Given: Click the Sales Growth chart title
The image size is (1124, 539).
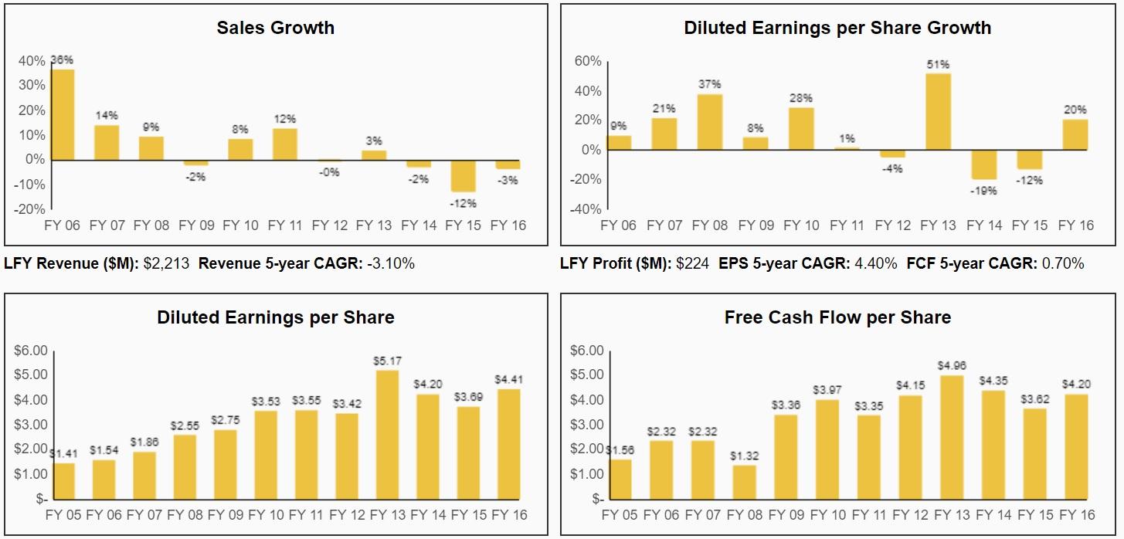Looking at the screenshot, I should [x=275, y=28].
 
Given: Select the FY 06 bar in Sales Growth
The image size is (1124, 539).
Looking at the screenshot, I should [x=63, y=114].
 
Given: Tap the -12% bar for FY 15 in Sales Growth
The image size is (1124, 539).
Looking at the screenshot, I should [x=464, y=176].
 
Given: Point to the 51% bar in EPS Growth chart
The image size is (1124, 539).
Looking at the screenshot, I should [x=939, y=111].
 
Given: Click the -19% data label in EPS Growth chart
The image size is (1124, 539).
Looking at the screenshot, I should [x=984, y=191].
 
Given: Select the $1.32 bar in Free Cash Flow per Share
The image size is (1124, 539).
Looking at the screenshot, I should [x=744, y=482].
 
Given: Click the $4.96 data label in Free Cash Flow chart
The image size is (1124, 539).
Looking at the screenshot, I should [x=952, y=365].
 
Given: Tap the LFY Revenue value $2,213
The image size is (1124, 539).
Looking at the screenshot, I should [x=166, y=263].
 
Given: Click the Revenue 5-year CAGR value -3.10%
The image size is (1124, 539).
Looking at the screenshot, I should [x=390, y=263].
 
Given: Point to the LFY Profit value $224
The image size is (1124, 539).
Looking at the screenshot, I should [x=692, y=263].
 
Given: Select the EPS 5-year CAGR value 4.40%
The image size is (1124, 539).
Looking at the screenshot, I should [x=875, y=263].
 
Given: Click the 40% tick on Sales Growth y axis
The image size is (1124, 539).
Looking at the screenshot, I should [x=32, y=61].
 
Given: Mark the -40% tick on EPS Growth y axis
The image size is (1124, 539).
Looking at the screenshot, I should [x=585, y=209].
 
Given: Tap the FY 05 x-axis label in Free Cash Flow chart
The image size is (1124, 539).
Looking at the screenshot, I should [x=620, y=515].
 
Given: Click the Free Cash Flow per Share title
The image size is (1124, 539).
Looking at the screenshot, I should [x=837, y=317].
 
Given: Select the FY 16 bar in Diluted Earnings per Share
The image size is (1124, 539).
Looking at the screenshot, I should [x=508, y=444].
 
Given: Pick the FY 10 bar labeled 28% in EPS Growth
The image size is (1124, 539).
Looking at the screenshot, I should [x=801, y=128].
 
